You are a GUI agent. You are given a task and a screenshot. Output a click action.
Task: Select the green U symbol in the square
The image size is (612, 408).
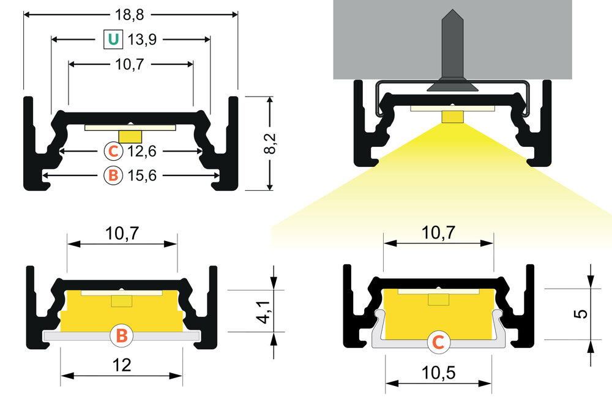(x=113, y=40)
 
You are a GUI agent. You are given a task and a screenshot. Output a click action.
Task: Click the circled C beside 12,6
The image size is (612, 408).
(x=113, y=150)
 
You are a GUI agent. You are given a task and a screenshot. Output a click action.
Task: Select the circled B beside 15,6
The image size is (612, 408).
(x=113, y=176)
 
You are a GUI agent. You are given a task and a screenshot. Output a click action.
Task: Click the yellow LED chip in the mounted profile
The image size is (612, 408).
(x=452, y=116)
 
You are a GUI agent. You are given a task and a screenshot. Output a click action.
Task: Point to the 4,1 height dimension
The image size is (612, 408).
(x=264, y=311)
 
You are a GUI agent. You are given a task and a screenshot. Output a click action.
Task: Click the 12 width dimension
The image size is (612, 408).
(x=122, y=365)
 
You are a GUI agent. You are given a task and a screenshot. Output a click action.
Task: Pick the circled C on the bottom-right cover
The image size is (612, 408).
(x=438, y=343)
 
